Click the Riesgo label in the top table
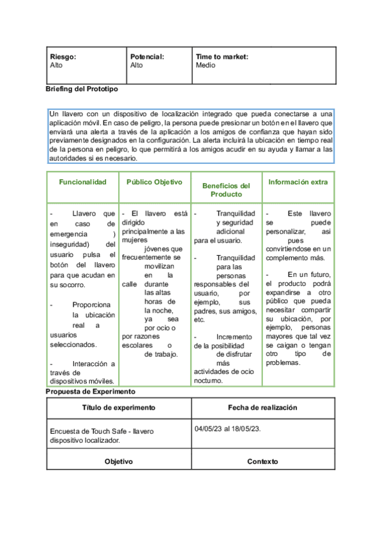[63, 57]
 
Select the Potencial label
[147, 57]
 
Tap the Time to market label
[222, 57]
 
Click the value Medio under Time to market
[206, 65]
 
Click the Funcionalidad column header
[82, 182]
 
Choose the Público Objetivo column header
[154, 182]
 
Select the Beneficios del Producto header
[226, 189]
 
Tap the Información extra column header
[298, 182]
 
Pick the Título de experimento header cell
[118, 408]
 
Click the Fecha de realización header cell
[262, 408]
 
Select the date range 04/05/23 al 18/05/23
[228, 429]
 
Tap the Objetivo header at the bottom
[118, 461]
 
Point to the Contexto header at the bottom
[262, 461]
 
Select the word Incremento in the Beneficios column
[234, 337]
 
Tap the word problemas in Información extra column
[283, 362]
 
